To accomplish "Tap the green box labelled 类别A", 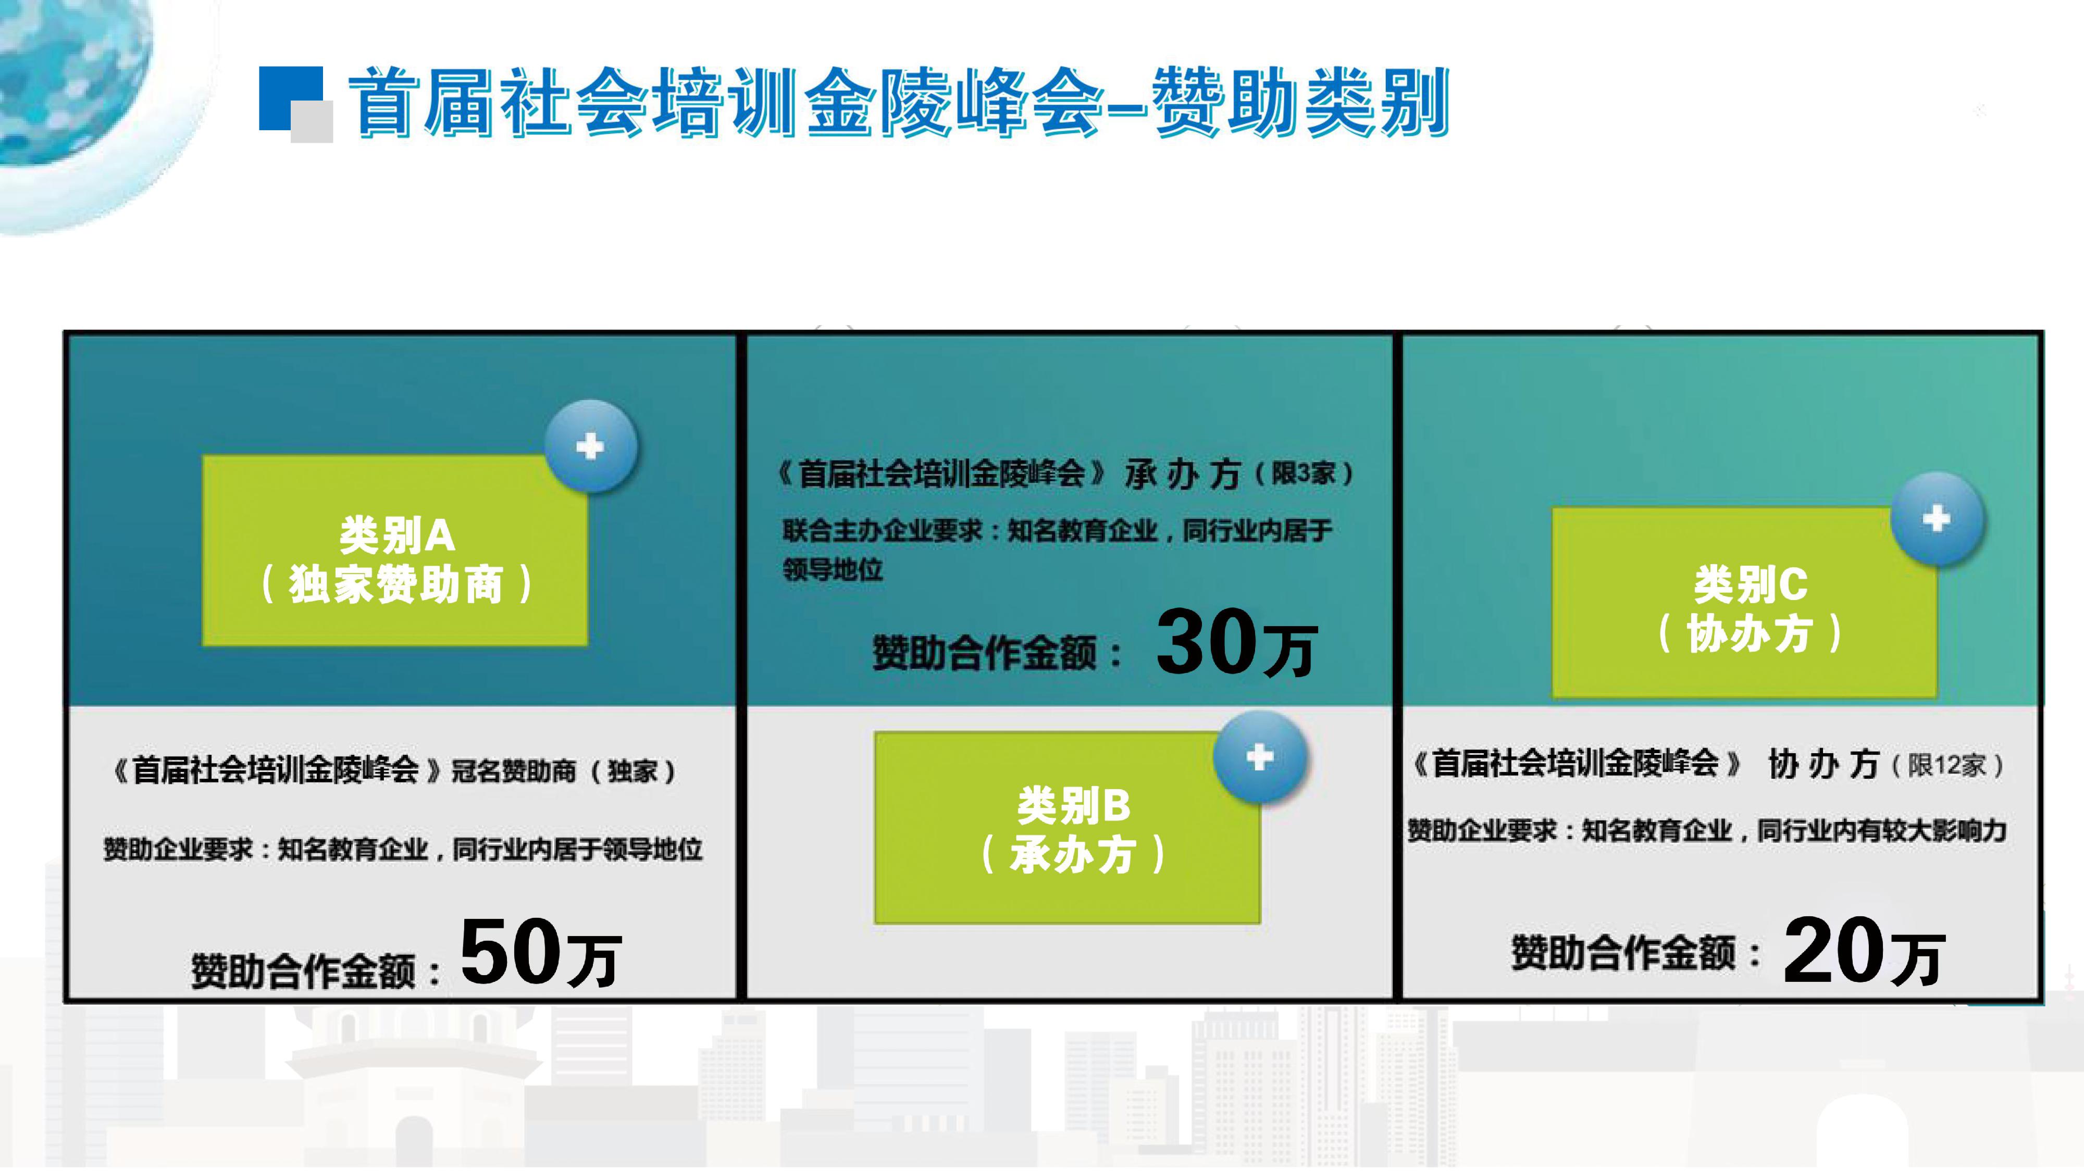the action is [395, 550].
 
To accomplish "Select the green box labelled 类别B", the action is [1067, 828].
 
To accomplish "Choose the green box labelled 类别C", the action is [1744, 603].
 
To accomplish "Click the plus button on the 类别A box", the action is [591, 446].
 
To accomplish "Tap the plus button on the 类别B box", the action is [1260, 757].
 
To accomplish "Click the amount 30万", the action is [1236, 642].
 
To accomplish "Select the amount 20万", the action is [1863, 951].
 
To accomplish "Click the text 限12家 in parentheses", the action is [1947, 765].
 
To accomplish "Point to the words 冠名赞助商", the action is [514, 771].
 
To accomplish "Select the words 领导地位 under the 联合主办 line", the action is [833, 569].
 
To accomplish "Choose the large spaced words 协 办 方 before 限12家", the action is [1823, 764].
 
